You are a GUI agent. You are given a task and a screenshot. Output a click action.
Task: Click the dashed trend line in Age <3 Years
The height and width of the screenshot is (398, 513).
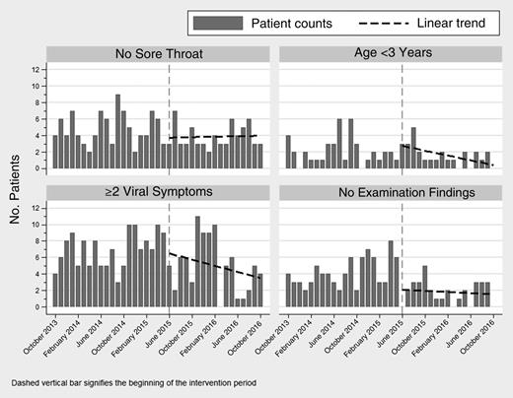(x=444, y=157)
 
